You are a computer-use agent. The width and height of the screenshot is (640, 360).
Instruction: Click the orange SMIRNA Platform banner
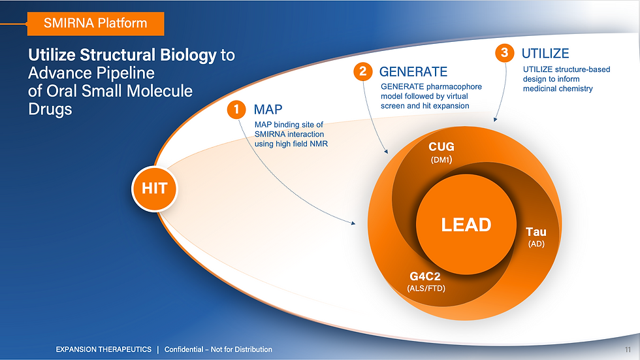95,24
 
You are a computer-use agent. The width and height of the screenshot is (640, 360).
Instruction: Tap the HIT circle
155,189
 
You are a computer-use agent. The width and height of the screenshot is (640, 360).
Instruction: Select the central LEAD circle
466,225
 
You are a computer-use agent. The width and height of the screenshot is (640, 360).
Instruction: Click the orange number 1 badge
236,110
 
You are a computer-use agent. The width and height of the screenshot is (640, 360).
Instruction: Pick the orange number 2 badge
363,72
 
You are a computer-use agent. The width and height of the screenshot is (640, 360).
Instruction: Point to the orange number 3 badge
504,53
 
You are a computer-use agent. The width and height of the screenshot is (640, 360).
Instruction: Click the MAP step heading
268,109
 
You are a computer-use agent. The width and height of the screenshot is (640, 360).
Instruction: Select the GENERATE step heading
413,72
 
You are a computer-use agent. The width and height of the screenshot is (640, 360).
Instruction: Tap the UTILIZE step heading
545,54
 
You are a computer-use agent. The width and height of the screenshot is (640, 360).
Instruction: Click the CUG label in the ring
441,146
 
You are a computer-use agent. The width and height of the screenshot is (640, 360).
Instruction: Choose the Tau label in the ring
536,232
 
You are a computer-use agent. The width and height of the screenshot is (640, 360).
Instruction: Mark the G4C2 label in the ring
425,277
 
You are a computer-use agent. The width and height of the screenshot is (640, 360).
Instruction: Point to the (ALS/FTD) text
426,289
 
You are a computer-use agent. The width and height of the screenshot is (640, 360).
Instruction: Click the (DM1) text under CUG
441,160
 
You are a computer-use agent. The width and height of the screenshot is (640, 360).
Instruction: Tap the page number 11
628,350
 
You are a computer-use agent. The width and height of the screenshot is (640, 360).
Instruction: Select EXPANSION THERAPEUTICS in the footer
104,350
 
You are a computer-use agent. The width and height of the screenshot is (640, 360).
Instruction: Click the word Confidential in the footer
184,350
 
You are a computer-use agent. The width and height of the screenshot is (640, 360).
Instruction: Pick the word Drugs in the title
50,109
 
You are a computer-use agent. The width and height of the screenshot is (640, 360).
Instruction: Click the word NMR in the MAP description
319,144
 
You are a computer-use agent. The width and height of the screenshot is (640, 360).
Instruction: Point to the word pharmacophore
454,87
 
